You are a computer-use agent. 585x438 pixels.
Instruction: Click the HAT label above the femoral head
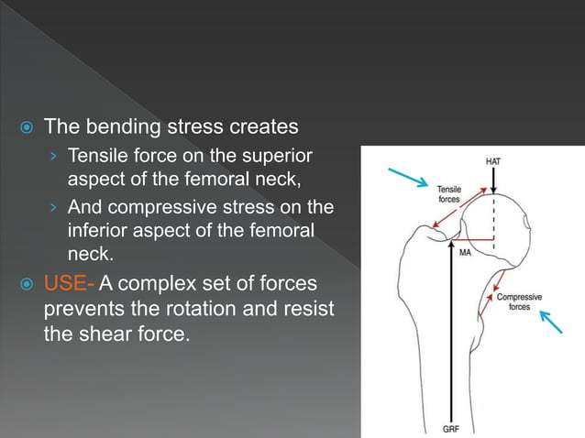pos(493,162)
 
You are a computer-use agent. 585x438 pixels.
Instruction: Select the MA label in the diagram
pos(465,253)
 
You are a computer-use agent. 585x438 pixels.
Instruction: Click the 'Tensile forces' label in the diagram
pos(448,192)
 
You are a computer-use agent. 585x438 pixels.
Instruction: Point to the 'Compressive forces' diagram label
pos(519,301)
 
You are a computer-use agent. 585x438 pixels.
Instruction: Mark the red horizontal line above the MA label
pos(477,244)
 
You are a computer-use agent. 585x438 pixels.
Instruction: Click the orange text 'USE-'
pos(69,284)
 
